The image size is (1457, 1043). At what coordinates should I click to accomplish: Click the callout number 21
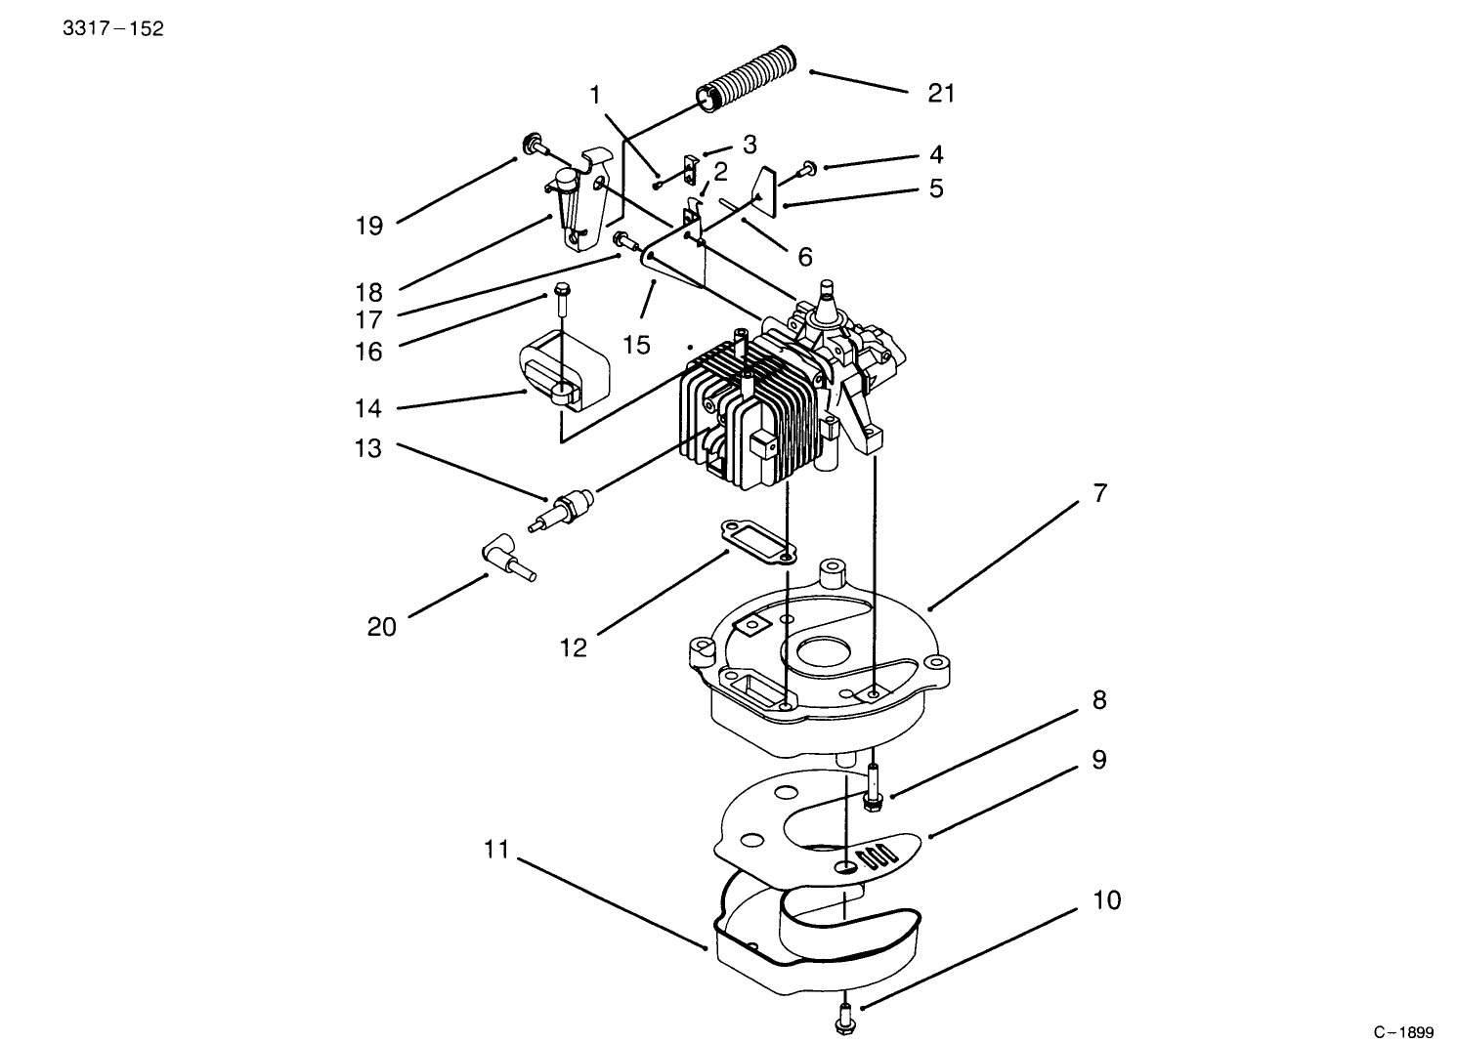point(940,93)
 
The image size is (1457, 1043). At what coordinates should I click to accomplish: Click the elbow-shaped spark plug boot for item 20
point(502,558)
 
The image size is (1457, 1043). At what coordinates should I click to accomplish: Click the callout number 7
point(1100,493)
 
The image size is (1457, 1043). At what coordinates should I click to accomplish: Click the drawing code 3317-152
point(113,28)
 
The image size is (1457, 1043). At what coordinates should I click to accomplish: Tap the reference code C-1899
point(1403,1031)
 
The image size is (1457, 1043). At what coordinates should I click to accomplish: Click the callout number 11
point(496,849)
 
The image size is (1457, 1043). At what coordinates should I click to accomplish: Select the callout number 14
point(368,408)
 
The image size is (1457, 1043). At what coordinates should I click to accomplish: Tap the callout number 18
point(368,292)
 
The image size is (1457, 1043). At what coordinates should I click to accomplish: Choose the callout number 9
point(1099,759)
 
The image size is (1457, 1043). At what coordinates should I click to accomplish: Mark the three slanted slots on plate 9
point(875,857)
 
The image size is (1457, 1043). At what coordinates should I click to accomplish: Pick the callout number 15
point(635,346)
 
